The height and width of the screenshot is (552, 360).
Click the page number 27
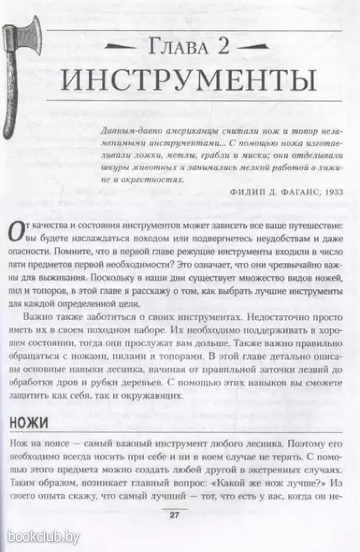[174, 517]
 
